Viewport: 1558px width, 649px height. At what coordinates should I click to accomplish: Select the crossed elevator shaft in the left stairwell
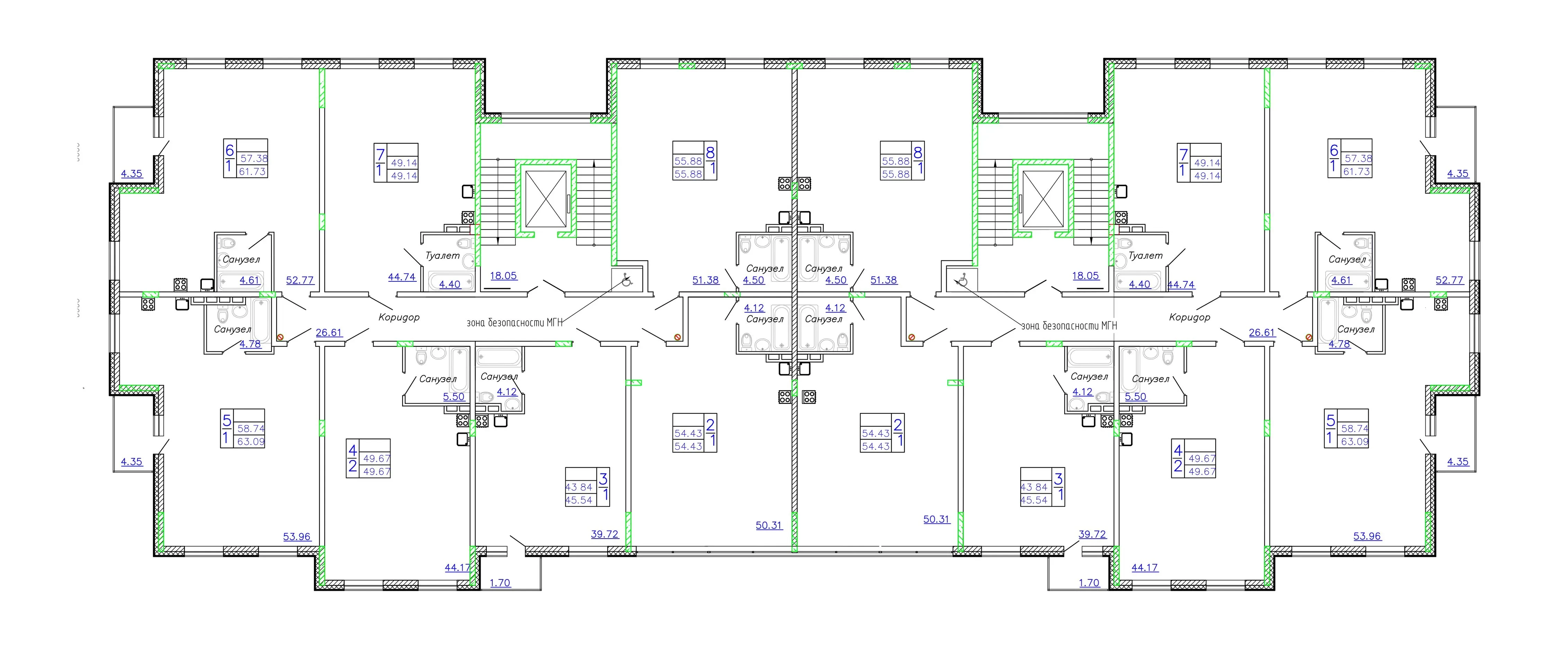click(546, 199)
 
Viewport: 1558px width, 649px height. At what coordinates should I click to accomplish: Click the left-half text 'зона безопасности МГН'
click(514, 322)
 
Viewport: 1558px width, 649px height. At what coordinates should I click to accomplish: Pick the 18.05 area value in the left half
click(503, 276)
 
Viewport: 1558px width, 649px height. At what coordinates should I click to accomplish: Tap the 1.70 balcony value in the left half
click(500, 583)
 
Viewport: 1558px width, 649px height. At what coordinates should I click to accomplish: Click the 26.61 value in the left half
click(329, 333)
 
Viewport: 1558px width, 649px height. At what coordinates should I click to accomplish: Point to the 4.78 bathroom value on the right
click(1339, 344)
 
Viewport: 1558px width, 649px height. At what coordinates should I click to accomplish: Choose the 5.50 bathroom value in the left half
click(454, 397)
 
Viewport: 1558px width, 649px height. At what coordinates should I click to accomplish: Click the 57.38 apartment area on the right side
click(1358, 159)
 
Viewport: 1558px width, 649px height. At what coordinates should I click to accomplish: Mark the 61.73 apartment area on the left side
click(252, 172)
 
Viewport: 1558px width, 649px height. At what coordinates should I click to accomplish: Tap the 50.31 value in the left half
click(769, 525)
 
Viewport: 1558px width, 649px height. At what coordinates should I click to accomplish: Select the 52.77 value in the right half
click(1449, 280)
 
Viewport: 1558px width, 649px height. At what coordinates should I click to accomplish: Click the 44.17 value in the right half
click(1144, 567)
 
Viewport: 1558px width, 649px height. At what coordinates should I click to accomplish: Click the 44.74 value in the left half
click(402, 277)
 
